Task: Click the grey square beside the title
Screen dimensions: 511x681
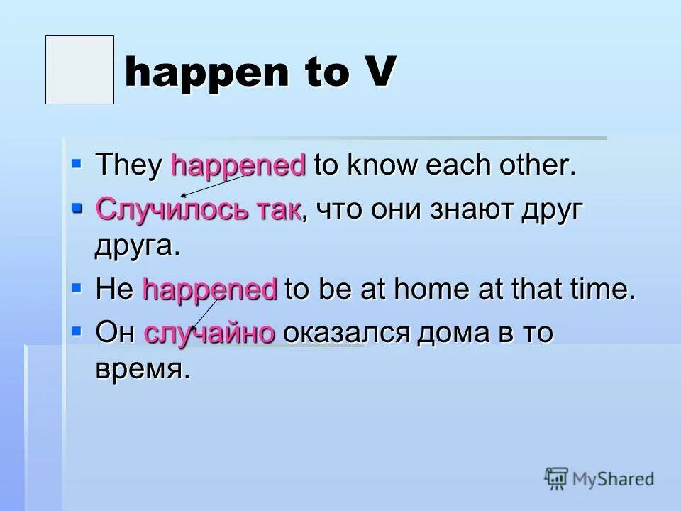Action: click(79, 70)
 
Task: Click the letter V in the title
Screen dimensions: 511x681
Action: click(377, 73)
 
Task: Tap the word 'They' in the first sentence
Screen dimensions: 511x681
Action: click(130, 166)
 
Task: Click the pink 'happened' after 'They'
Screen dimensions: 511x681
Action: click(238, 166)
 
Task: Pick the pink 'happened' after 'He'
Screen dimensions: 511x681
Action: click(210, 290)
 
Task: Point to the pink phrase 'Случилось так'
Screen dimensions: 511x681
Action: click(199, 209)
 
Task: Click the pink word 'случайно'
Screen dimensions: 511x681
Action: click(209, 333)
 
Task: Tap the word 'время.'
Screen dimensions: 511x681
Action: click(143, 370)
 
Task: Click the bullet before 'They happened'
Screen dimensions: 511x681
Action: click(77, 164)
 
